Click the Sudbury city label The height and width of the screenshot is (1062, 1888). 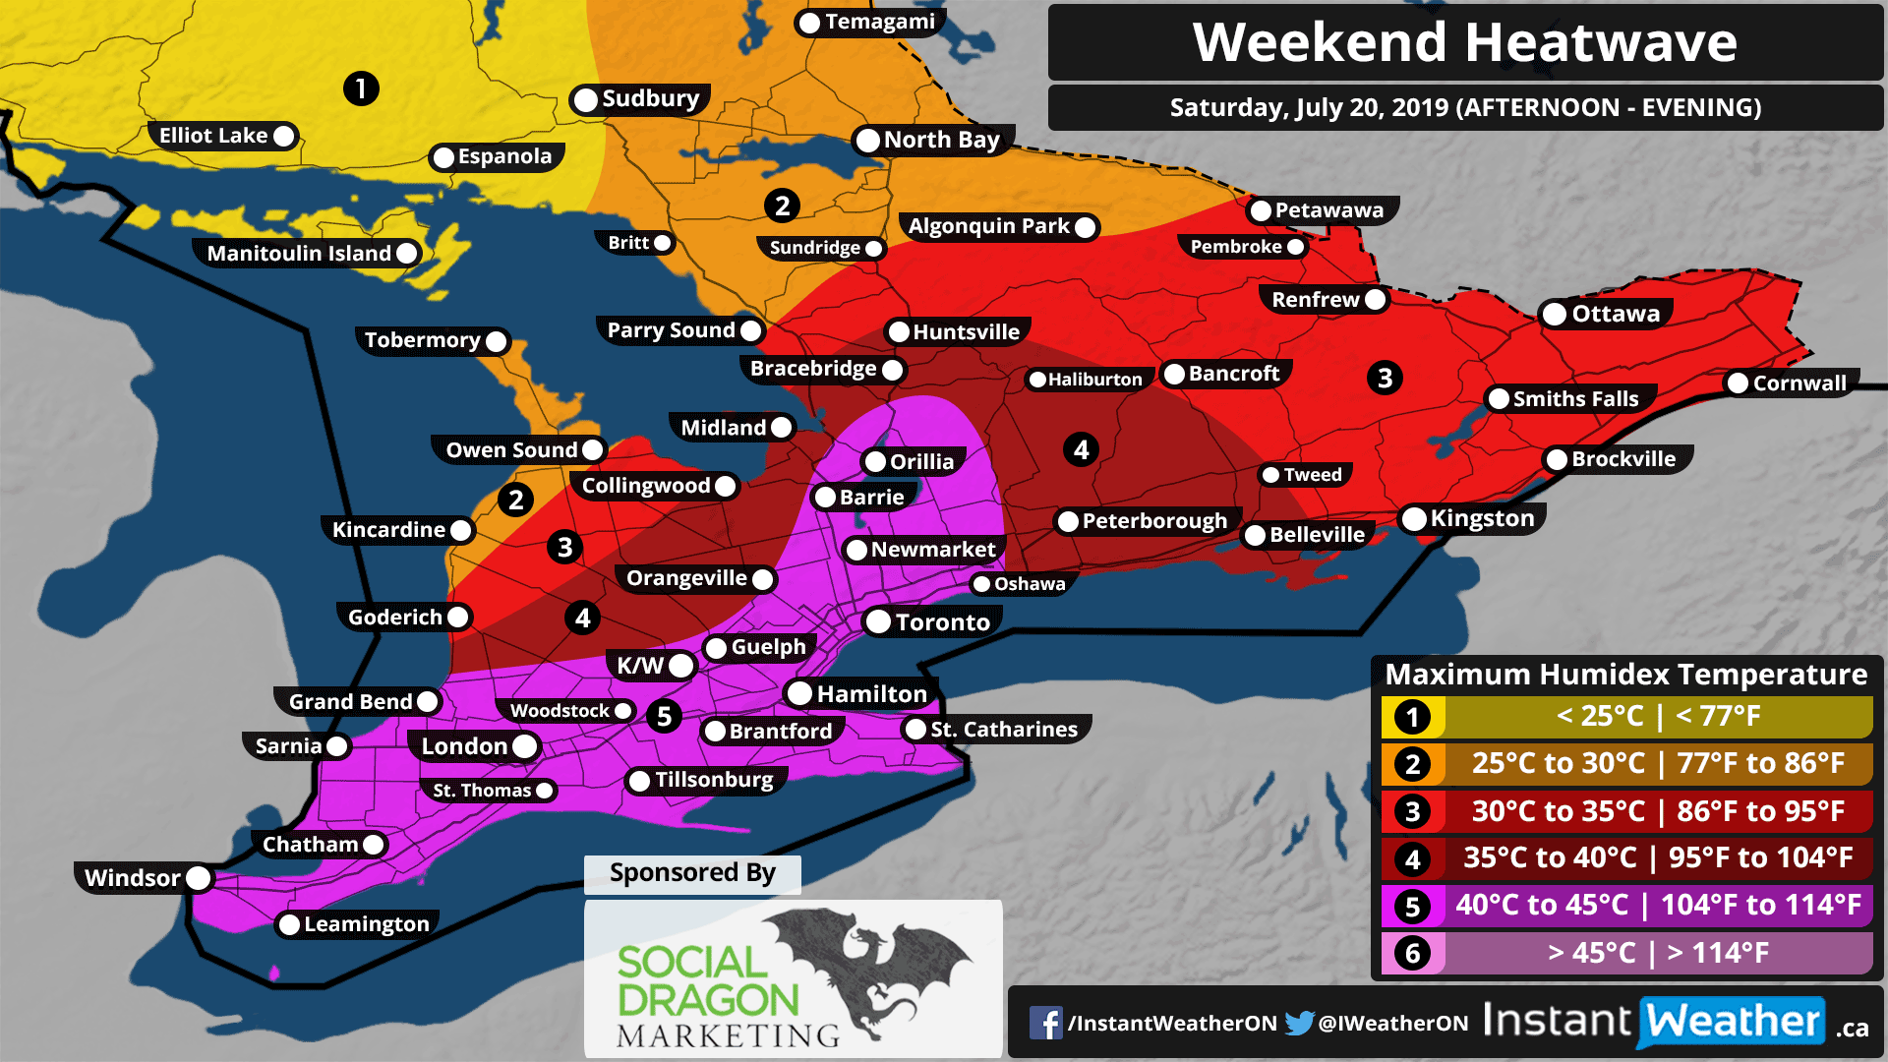(650, 98)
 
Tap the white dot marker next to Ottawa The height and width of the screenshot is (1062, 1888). (1555, 315)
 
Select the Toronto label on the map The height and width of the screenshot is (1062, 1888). (942, 622)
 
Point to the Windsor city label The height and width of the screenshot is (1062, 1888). (133, 878)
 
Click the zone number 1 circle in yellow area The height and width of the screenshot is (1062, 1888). (361, 88)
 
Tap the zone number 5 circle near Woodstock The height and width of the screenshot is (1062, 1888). (664, 716)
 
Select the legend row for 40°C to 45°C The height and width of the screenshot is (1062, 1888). (1626, 905)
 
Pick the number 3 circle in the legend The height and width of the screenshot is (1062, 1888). (1413, 812)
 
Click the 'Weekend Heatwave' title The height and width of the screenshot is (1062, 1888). (1464, 42)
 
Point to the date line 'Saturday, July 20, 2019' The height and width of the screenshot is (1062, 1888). (1464, 107)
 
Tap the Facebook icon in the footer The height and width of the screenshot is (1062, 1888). (1045, 1023)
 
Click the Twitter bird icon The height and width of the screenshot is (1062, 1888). (1299, 1023)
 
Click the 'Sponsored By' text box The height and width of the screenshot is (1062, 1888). (692, 873)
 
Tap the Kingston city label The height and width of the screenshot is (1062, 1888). (1481, 518)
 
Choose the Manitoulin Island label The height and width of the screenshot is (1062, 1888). (299, 254)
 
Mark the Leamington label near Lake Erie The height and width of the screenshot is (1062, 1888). (366, 924)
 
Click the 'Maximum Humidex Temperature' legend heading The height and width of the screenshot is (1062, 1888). (1625, 675)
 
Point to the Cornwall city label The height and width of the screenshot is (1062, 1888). (1799, 383)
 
